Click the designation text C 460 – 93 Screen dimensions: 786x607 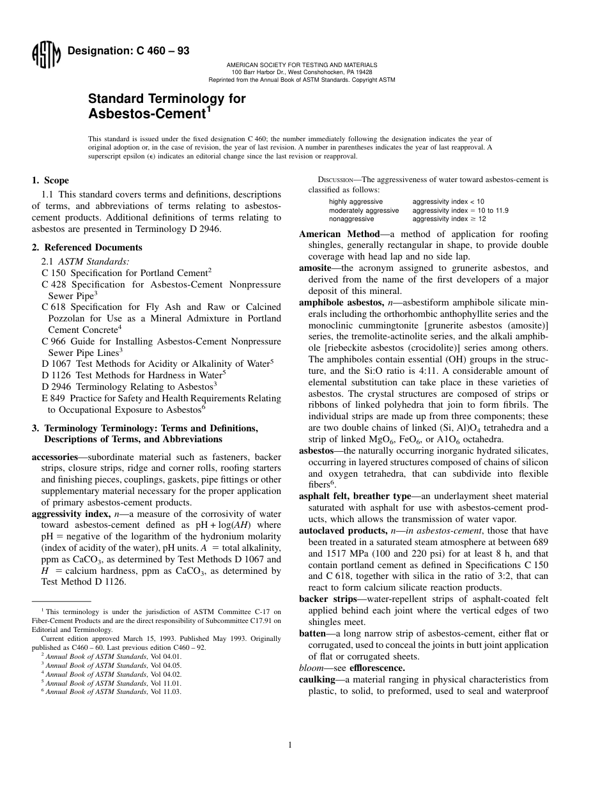click(x=128, y=51)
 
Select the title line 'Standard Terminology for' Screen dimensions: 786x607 click(x=166, y=99)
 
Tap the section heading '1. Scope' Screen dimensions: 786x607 click(x=50, y=180)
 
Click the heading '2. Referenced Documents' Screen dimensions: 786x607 click(x=87, y=247)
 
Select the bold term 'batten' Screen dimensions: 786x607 click(x=313, y=633)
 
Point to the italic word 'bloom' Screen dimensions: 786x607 click(x=311, y=668)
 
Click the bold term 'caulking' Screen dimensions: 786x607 click(x=318, y=679)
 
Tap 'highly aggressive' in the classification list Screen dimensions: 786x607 click(x=356, y=201)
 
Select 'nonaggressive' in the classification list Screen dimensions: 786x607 click(x=352, y=219)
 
